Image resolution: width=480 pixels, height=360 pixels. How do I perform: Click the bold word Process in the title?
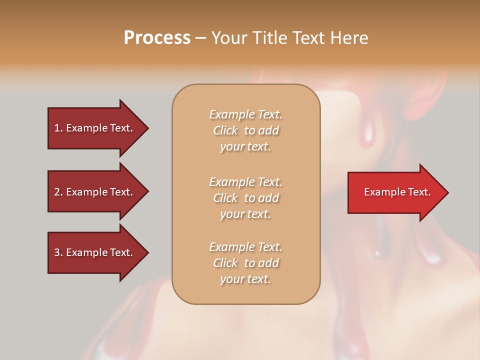[x=157, y=38]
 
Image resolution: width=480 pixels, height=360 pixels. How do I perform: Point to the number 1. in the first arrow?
[x=58, y=128]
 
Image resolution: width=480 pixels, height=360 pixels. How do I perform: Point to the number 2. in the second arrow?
[x=58, y=192]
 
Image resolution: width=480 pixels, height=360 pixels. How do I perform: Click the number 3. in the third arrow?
[x=58, y=252]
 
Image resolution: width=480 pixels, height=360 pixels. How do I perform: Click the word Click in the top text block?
[x=225, y=131]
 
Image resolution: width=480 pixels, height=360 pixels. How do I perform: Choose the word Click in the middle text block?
[x=225, y=198]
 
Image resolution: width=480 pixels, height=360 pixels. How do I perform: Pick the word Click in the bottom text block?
[x=225, y=263]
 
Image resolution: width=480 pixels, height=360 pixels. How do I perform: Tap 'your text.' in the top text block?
[x=245, y=147]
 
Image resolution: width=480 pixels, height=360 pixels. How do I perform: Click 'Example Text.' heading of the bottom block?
[x=245, y=247]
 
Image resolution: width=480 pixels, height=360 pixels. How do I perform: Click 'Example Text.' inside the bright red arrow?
[x=397, y=192]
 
